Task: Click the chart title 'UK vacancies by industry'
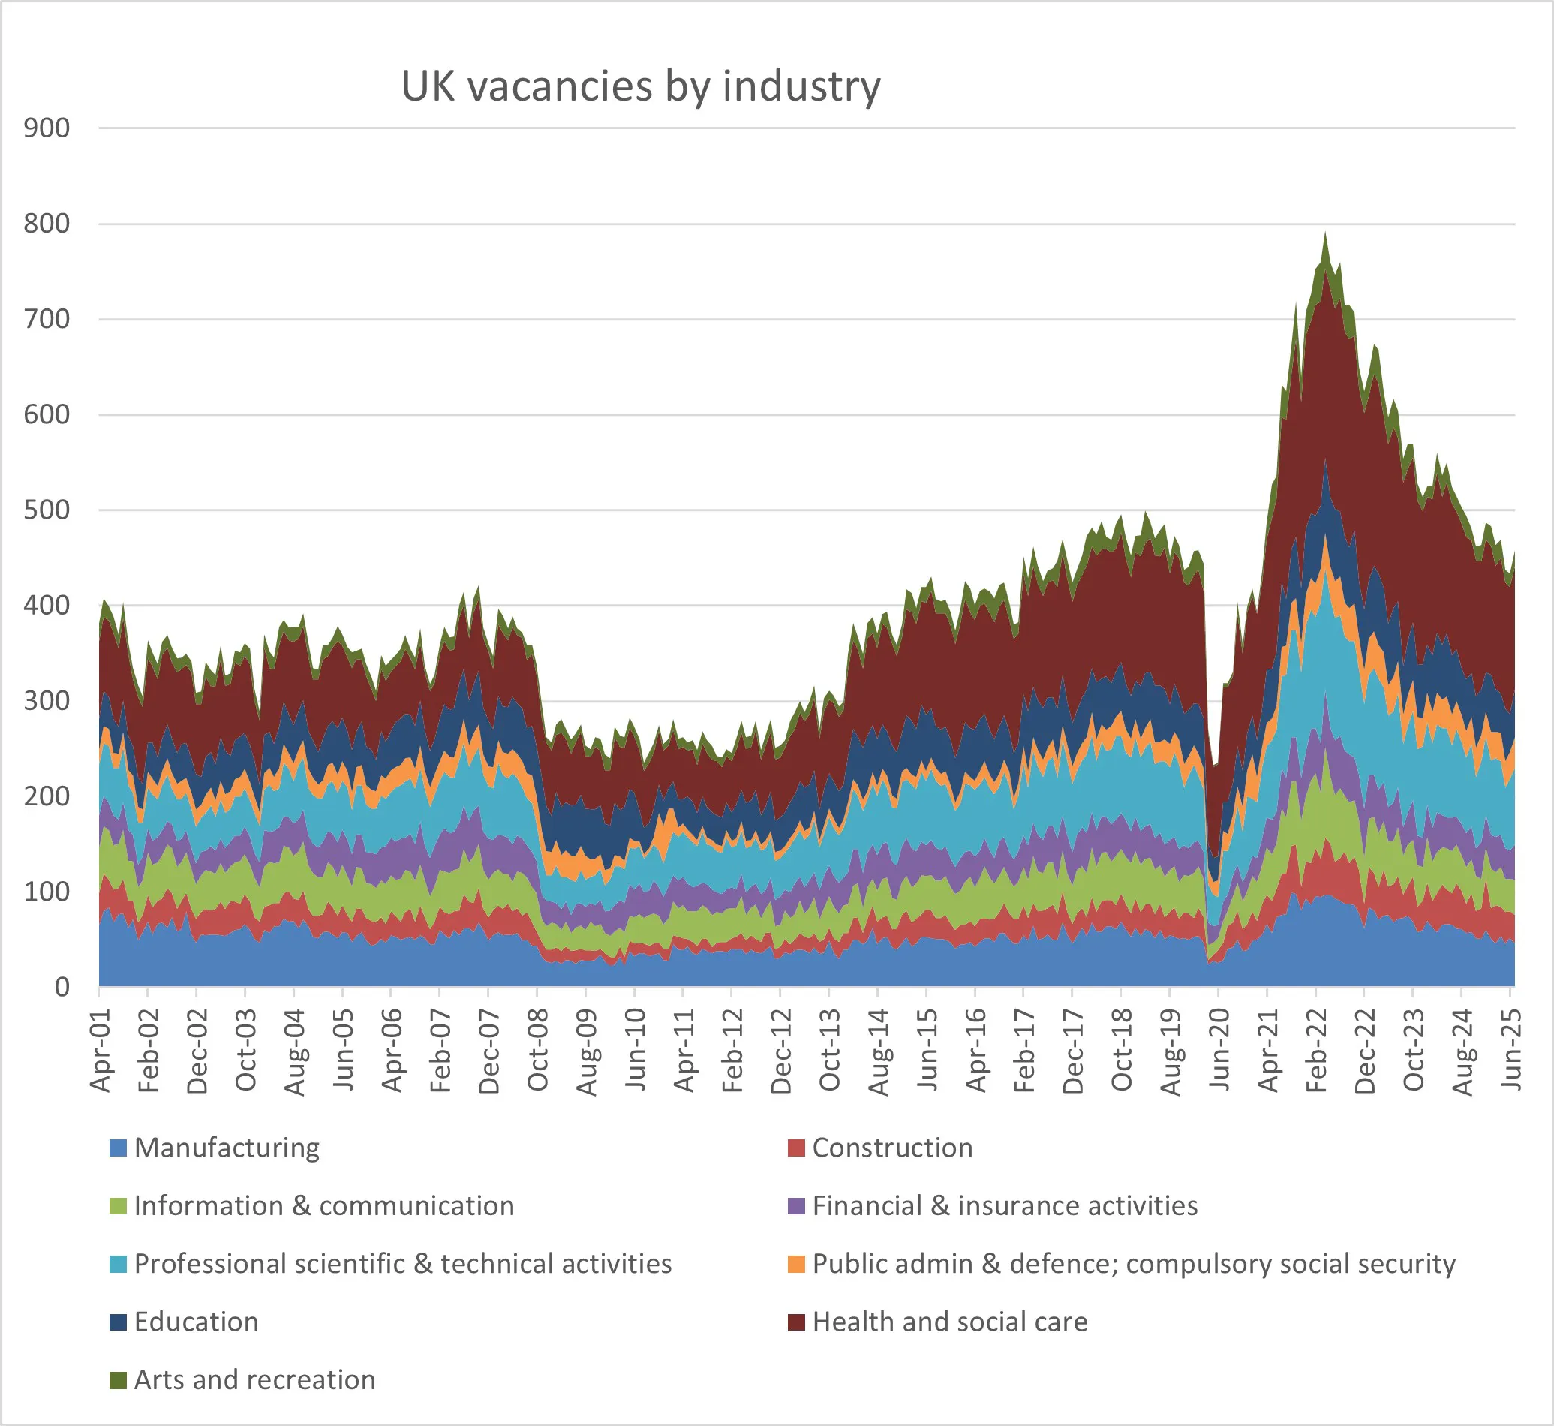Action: pyautogui.click(x=640, y=86)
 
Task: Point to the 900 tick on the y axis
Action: pyautogui.click(x=47, y=128)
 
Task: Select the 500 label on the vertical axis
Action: pyautogui.click(x=47, y=510)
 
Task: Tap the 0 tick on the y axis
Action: pyautogui.click(x=62, y=987)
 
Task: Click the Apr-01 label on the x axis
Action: pyautogui.click(x=101, y=1050)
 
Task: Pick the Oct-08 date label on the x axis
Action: pyautogui.click(x=539, y=1050)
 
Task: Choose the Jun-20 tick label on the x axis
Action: pyautogui.click(x=1219, y=1050)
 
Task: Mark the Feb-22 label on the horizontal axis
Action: pyautogui.click(x=1316, y=1050)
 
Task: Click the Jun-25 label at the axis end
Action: pyautogui.click(x=1510, y=1050)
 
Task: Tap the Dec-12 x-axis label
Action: pyautogui.click(x=782, y=1050)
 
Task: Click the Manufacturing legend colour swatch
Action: pyautogui.click(x=118, y=1148)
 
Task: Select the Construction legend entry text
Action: pyautogui.click(x=892, y=1148)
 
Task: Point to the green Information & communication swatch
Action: pyautogui.click(x=118, y=1205)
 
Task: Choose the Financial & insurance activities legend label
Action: pyautogui.click(x=1005, y=1205)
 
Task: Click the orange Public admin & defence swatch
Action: pyautogui.click(x=796, y=1264)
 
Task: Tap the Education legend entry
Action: pyautogui.click(x=196, y=1322)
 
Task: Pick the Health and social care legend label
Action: pyautogui.click(x=950, y=1322)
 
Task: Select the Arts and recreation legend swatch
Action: pyautogui.click(x=118, y=1379)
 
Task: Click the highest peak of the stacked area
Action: pyautogui.click(x=1326, y=233)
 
